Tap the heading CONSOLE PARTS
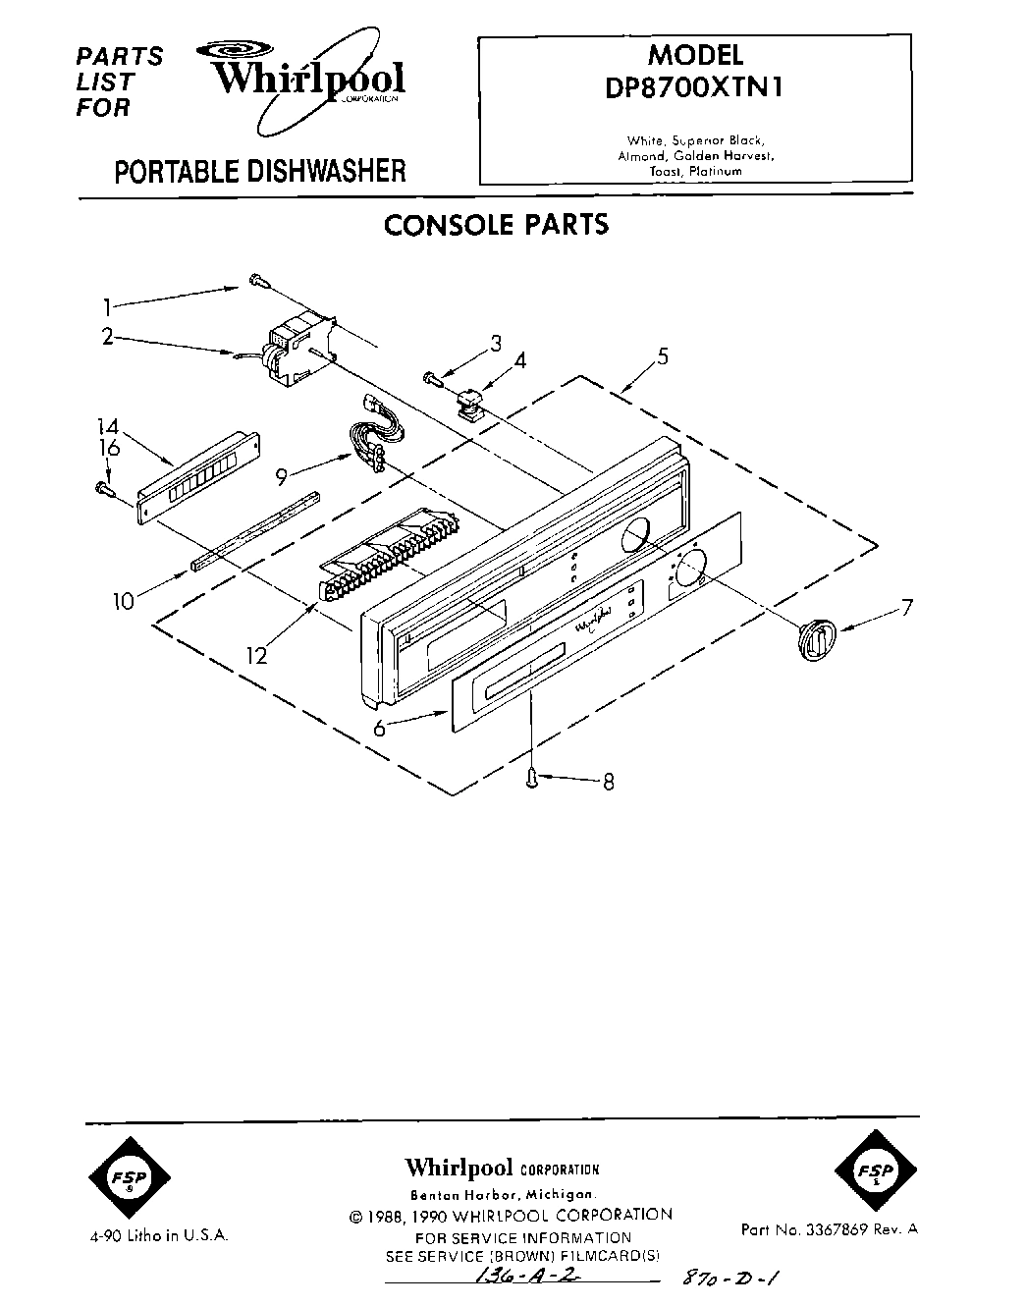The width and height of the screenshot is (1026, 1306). point(496,225)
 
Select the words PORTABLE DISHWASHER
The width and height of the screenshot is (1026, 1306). point(260,172)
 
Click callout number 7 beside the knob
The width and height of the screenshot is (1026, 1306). point(906,608)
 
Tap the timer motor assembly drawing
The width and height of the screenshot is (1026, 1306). point(295,349)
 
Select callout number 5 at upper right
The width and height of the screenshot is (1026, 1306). point(663,356)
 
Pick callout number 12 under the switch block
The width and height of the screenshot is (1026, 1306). point(256,655)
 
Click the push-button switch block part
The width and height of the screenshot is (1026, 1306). point(388,555)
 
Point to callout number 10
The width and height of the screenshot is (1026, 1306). point(124,600)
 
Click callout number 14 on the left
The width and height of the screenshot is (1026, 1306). point(108,426)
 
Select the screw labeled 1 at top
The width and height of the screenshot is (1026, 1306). point(257,281)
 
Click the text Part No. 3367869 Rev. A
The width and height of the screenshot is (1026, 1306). point(830,1228)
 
